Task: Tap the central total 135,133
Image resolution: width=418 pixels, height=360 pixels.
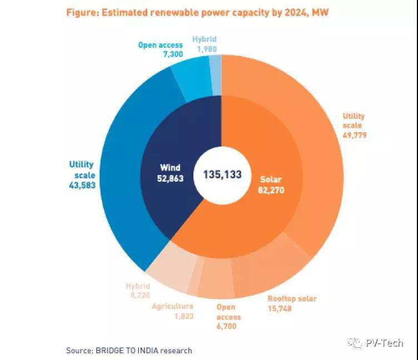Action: tap(218, 174)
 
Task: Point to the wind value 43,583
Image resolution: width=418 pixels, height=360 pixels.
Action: tap(81, 184)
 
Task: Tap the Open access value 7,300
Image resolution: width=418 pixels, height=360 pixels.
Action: tap(157, 54)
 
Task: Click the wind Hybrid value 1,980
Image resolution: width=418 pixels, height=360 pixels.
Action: tap(204, 49)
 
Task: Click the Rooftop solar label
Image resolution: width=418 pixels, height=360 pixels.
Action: tap(292, 299)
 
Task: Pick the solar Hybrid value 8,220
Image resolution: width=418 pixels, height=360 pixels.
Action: tap(137, 296)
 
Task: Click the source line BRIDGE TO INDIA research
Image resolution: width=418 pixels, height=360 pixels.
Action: tap(129, 350)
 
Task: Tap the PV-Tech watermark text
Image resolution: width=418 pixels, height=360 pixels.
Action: tap(384, 343)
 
